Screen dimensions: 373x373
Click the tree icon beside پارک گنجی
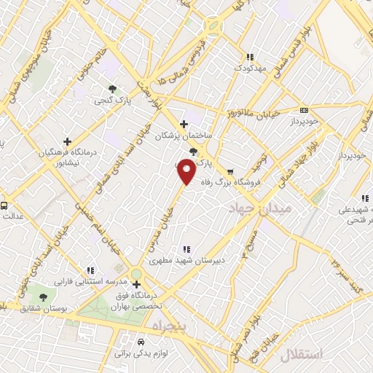(111, 89)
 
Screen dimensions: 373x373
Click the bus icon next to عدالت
(4, 206)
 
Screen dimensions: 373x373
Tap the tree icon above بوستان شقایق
(43, 297)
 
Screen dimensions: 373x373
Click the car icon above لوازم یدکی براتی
(141, 340)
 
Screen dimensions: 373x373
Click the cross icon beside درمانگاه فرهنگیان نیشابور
(68, 141)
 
